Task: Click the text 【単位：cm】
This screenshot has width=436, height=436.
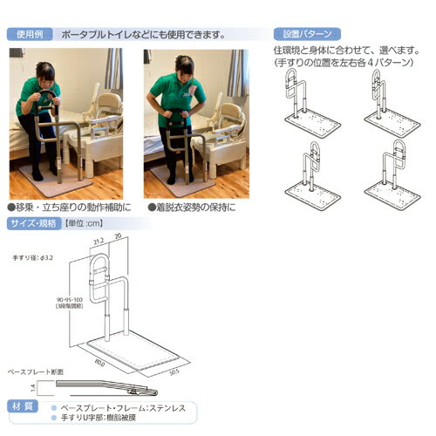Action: [x=86, y=223]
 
